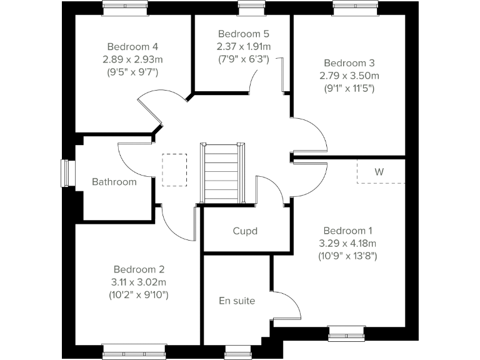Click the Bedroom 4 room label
(132, 47)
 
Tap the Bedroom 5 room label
(243, 34)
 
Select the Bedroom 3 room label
(349, 63)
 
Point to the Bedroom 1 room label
(348, 230)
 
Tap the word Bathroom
(114, 182)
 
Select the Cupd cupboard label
(245, 231)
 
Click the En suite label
(237, 301)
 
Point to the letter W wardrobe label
(379, 171)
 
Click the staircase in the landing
(221, 173)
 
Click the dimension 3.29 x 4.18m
(348, 243)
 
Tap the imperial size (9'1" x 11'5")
(349, 88)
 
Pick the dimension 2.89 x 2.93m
(132, 59)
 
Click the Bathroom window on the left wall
(64, 173)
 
